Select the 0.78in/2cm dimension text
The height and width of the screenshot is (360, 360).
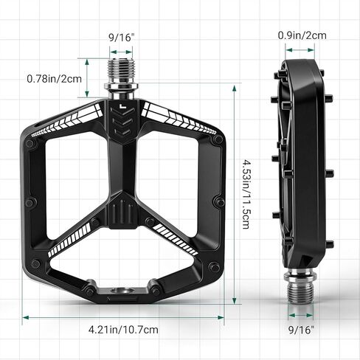[x=54, y=78]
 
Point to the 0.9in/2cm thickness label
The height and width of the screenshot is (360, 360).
[x=302, y=34]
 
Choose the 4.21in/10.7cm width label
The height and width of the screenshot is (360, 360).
[x=124, y=330]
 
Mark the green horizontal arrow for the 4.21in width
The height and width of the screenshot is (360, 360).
[x=124, y=316]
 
